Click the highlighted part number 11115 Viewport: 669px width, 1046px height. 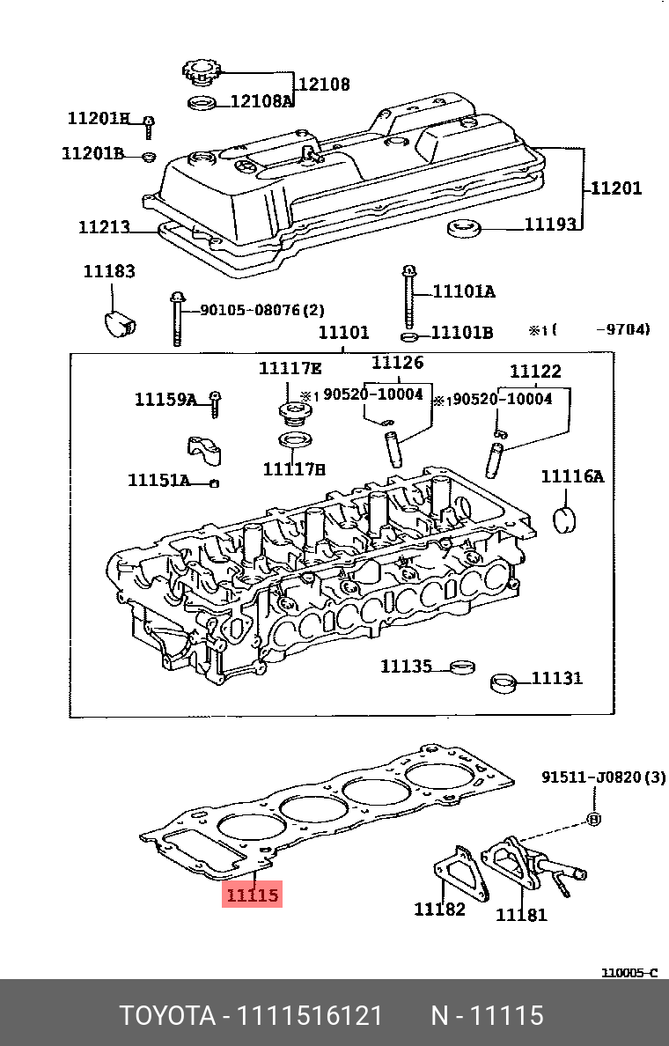tap(253, 895)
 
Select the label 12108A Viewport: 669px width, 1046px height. tap(261, 101)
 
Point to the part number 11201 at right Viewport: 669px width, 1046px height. tap(615, 188)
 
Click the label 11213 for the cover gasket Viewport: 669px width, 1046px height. tap(104, 227)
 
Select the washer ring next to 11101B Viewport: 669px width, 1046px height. tap(409, 336)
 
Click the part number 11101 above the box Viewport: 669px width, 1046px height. tap(342, 333)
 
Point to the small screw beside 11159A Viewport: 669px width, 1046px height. tap(214, 404)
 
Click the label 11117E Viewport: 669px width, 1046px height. tap(290, 368)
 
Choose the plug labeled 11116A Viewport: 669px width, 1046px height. tap(562, 519)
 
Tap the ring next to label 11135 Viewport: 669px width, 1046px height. tap(460, 667)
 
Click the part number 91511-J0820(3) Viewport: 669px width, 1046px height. tap(603, 777)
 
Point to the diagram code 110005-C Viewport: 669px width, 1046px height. tap(629, 973)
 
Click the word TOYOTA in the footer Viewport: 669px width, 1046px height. tap(167, 1016)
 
